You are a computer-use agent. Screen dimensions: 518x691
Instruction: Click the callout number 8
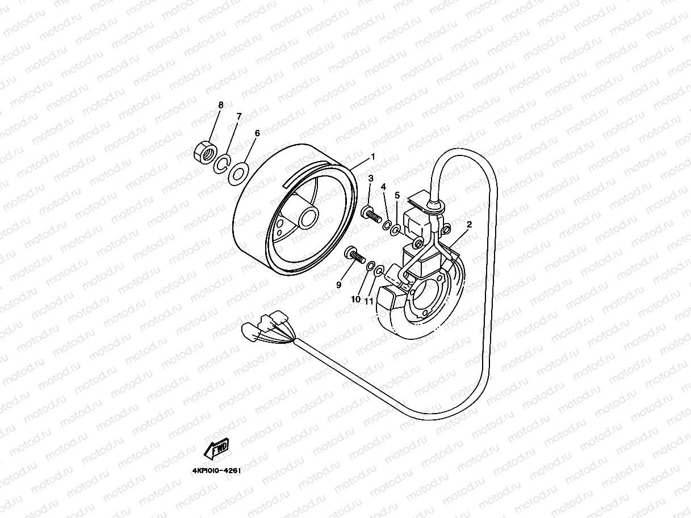pos(221,105)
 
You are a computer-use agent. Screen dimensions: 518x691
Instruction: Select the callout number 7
pos(239,116)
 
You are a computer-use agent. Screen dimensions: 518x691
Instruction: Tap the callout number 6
pos(257,133)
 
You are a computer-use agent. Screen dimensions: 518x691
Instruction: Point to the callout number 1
pos(373,156)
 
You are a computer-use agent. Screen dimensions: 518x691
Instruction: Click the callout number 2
pos(469,225)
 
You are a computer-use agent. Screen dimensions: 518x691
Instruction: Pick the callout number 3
pos(370,178)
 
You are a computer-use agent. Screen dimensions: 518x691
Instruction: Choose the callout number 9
pos(338,285)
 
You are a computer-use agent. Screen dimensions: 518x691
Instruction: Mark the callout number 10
pos(356,299)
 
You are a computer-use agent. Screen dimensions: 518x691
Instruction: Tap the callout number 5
pos(397,195)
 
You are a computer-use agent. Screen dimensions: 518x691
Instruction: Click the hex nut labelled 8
pos(204,151)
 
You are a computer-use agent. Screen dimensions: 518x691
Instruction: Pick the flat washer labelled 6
pos(238,172)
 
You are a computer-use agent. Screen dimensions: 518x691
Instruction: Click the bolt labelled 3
pos(370,215)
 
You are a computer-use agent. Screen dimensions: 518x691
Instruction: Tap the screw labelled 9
pos(354,255)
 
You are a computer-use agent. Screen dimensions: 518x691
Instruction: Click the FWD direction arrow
pos(216,450)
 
